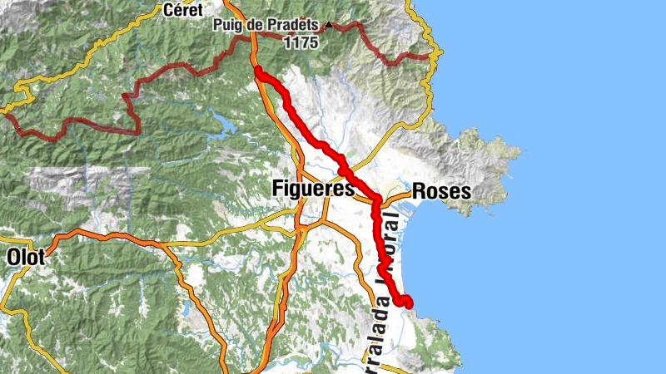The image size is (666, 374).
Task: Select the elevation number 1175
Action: [x=300, y=42]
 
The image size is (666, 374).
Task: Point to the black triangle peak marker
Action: [x=329, y=26]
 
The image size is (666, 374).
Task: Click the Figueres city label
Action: [x=313, y=189]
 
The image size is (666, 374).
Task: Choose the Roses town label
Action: [x=441, y=191]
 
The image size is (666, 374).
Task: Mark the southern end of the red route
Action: [x=408, y=303]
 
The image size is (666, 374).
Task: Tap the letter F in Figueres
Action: [x=277, y=189]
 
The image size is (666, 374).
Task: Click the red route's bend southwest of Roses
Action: [x=376, y=201]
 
